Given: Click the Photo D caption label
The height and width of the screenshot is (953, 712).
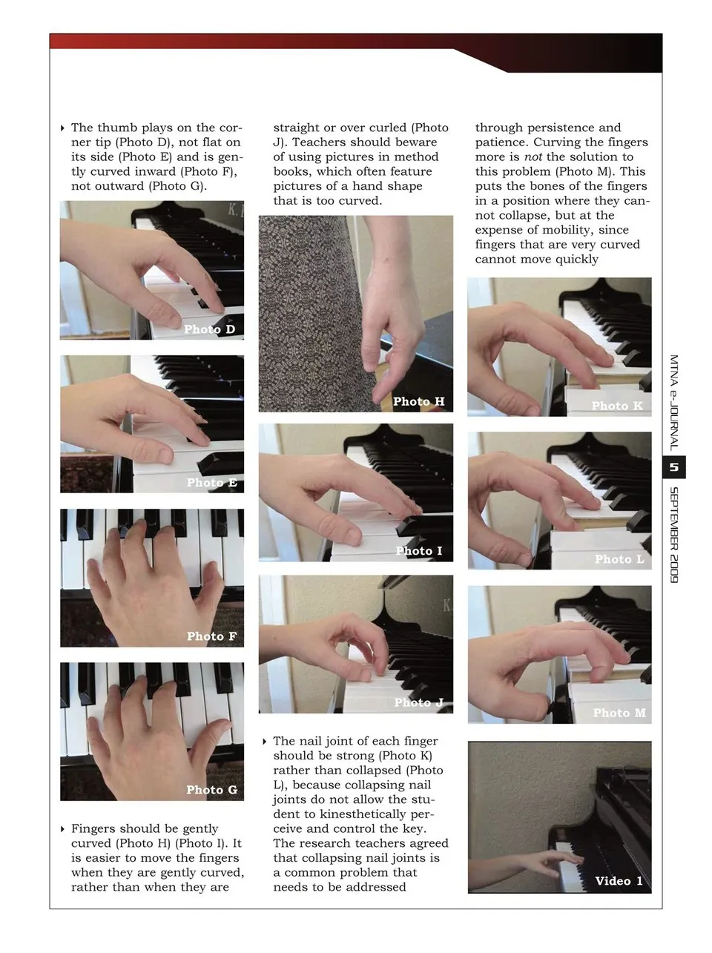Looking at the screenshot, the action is coord(209,329).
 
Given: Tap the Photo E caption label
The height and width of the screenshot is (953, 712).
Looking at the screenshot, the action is coord(212,482).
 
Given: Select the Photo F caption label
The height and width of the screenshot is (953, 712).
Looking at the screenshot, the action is coord(211,636).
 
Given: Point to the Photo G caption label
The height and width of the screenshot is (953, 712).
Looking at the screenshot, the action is coord(212,789).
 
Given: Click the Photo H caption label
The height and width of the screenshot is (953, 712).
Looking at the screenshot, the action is coord(418,401).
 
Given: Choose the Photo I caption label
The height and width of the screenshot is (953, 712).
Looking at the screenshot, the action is coord(418,550).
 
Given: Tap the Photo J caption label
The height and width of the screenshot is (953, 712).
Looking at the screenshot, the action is coord(418,702).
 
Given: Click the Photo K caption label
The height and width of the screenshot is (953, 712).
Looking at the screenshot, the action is coord(617,406).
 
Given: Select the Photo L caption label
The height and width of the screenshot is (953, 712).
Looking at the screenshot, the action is coord(619,558).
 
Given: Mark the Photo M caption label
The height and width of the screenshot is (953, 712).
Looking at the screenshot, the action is coord(619,713).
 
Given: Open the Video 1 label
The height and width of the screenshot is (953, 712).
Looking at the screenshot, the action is coord(619,880).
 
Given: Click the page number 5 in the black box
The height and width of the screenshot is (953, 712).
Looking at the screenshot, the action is coord(673,467).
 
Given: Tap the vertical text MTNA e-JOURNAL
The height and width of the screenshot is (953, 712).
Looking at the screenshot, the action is coord(673,403).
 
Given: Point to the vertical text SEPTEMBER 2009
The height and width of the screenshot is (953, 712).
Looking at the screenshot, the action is coord(673,535).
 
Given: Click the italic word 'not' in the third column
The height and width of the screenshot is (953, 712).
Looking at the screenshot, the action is coord(533,156).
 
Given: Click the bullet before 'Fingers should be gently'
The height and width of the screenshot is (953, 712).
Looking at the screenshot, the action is coord(62,829).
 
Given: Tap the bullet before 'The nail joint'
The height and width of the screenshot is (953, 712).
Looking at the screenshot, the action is coord(264,741).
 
